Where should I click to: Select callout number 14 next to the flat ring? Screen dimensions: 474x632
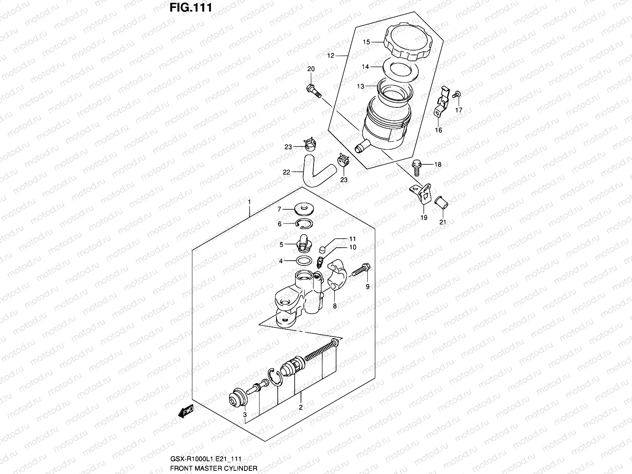365,67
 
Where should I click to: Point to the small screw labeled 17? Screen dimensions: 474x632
457,94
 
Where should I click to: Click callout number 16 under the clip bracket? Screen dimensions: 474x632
438,130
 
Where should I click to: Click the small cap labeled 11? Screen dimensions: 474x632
322,249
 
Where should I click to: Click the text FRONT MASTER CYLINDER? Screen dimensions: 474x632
214,468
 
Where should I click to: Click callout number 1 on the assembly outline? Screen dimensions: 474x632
250,201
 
